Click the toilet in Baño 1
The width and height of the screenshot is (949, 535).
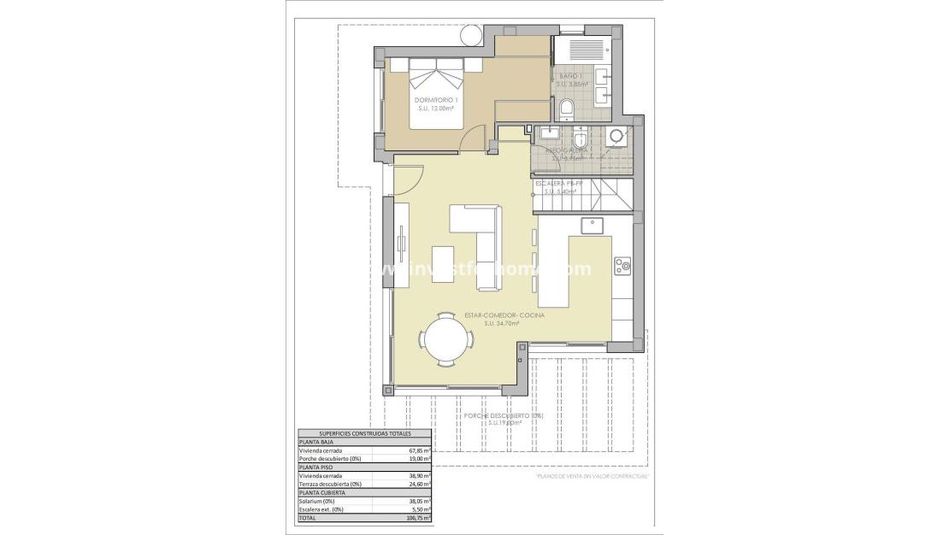click(x=566, y=109)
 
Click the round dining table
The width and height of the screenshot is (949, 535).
click(x=445, y=339)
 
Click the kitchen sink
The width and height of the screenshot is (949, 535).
click(x=592, y=226)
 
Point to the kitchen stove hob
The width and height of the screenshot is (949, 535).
click(x=623, y=265)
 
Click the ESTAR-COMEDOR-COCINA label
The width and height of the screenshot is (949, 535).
click(x=504, y=316)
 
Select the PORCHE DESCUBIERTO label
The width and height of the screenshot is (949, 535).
click(x=504, y=416)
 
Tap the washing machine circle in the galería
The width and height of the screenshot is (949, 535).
click(x=615, y=138)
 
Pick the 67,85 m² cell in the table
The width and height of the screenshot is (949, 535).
click(x=419, y=450)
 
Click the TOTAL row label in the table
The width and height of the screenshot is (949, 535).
click(x=306, y=518)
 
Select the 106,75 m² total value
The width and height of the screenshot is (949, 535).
click(x=418, y=518)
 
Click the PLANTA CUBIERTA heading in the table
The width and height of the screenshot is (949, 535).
click(x=321, y=493)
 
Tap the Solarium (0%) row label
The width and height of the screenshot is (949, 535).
click(x=316, y=502)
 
